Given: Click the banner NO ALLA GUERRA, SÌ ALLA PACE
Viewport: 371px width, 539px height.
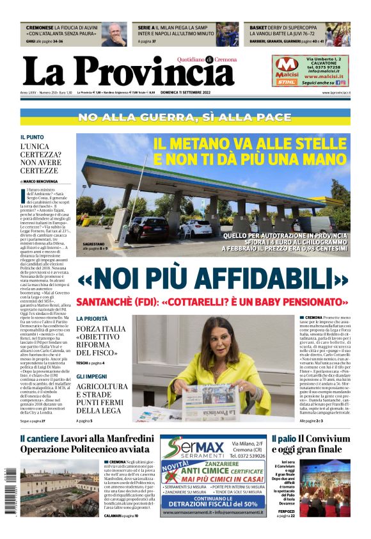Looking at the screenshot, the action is (x=185, y=118).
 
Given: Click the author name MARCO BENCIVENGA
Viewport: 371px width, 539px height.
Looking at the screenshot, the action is (x=40, y=181).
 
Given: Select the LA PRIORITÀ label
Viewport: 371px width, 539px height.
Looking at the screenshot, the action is (x=92, y=318).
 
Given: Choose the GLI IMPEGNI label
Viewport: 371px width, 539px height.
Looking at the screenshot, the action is (x=91, y=376).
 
